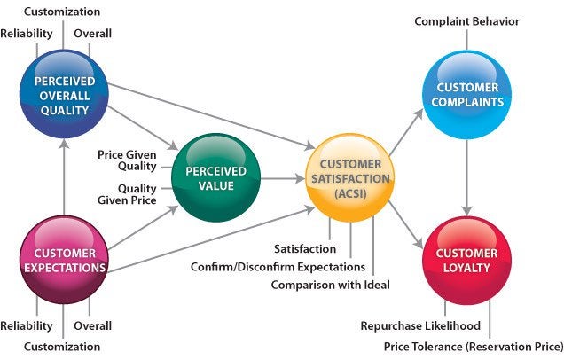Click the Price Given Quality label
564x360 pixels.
click(128, 160)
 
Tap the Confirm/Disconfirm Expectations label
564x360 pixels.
click(278, 266)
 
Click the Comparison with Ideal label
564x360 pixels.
click(330, 285)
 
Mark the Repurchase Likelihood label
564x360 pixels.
click(422, 326)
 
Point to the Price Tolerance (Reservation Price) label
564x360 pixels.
click(473, 346)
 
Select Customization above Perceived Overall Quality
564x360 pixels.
click(61, 12)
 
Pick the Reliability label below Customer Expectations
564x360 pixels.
click(27, 325)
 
